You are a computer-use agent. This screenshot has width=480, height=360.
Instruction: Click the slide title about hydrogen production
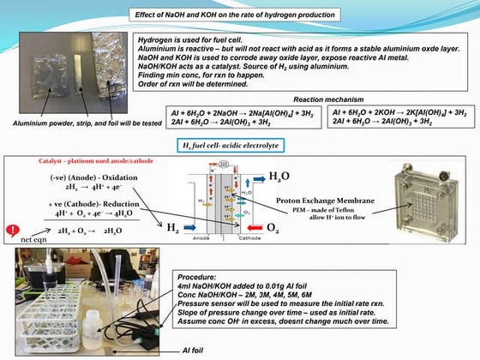click(235, 15)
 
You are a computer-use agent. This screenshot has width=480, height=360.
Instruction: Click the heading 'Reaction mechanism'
click(329, 99)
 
